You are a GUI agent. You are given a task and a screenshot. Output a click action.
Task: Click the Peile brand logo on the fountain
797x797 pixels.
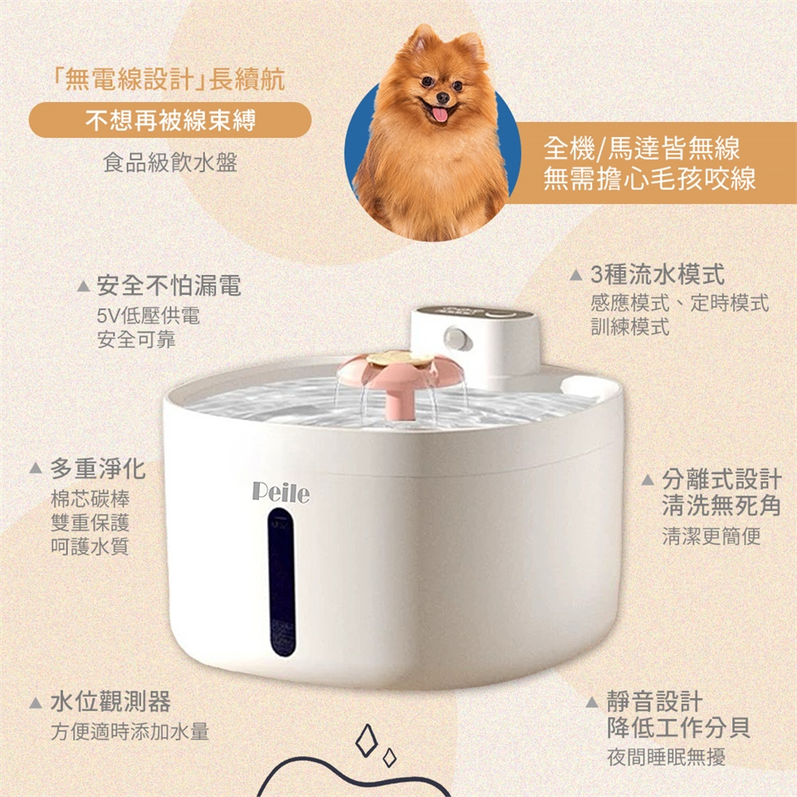281,493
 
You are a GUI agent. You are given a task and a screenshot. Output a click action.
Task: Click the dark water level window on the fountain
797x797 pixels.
282,582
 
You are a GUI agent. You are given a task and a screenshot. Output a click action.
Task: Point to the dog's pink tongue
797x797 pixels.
440,115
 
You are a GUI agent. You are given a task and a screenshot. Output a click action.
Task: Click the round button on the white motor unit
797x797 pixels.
456,338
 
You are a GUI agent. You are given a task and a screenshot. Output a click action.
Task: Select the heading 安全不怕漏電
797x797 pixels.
169,285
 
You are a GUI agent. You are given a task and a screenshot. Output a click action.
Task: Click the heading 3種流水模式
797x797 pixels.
658,275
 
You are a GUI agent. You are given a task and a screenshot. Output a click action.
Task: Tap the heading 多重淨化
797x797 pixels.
98,468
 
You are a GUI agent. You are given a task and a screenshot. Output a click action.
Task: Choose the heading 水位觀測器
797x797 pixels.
110,702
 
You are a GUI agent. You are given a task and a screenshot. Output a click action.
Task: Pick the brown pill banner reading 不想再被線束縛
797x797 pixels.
169,120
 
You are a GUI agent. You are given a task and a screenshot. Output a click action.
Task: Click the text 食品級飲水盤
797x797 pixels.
169,163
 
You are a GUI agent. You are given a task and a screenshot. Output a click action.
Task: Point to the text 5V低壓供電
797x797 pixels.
148,315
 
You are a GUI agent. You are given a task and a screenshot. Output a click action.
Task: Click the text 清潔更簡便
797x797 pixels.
711,535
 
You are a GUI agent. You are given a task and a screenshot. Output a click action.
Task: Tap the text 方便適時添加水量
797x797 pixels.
130,731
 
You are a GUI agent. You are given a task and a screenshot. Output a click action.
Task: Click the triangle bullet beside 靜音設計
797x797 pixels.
591,702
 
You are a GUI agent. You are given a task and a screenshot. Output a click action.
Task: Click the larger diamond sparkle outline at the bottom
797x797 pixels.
366,740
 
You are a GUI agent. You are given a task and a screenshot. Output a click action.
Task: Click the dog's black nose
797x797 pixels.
443,97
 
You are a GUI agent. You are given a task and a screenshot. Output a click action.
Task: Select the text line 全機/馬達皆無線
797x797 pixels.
642,149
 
